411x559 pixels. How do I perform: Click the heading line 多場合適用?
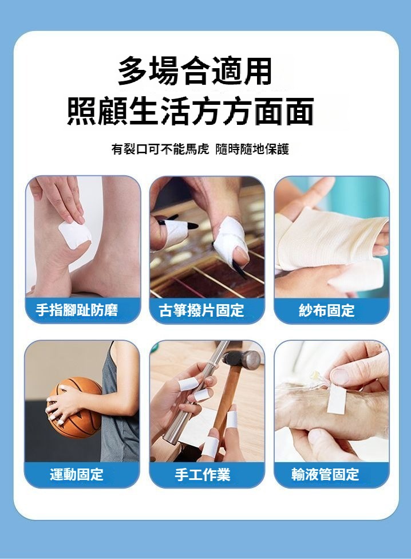tap(195, 71)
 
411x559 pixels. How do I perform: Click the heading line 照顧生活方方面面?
tap(191, 111)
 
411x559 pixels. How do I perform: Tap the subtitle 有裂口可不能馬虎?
tap(160, 149)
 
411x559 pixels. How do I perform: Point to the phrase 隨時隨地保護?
tap(252, 149)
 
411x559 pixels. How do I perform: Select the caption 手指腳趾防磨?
tap(77, 310)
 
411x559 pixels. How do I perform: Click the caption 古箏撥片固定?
tap(201, 310)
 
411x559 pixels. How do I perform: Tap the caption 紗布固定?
tap(327, 310)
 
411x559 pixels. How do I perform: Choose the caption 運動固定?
tap(77, 474)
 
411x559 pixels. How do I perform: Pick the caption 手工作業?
tap(202, 474)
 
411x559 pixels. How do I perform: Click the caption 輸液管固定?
tap(325, 474)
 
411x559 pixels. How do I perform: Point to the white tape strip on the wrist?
tap(337, 399)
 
